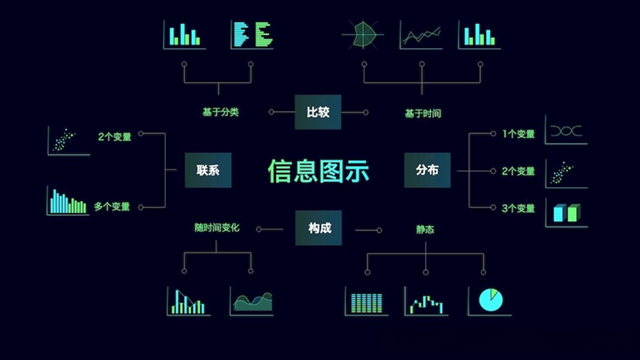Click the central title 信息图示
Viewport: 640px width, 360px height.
pos(319,171)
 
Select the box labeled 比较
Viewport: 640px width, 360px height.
pos(318,112)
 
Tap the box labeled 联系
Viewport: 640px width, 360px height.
pos(207,170)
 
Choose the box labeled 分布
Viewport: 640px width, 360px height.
pos(427,170)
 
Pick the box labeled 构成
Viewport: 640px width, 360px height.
pos(319,229)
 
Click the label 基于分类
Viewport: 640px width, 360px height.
pos(219,112)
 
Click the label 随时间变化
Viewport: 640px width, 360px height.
pos(217,229)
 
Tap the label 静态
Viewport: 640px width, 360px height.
pos(426,229)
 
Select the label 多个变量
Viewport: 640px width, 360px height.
pos(113,207)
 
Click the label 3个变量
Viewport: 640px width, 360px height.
pos(518,207)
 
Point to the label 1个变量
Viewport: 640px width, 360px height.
pos(518,133)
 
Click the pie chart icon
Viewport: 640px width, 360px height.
pos(489,299)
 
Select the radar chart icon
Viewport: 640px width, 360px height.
pos(362,35)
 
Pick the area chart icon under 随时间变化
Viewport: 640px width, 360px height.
pos(252,300)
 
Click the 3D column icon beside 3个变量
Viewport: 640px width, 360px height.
pos(566,212)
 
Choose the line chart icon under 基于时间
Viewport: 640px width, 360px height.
pos(421,35)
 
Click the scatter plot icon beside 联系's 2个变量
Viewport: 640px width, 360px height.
pos(67,140)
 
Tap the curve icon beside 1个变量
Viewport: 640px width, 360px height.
pos(566,131)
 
